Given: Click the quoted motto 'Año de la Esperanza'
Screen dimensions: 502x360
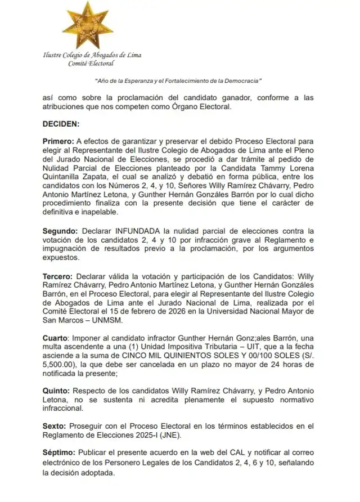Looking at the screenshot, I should coord(178,81).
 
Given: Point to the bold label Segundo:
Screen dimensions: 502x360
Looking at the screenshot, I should coord(61,231).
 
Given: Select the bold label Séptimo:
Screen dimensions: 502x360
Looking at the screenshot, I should coord(60,452).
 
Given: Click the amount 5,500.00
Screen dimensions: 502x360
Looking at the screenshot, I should coord(61,364).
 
